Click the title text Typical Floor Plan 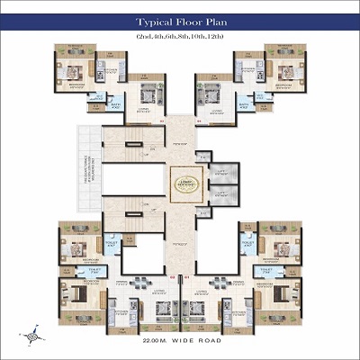[x=180, y=21]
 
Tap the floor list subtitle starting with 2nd [x=180, y=35]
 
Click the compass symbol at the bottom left [x=35, y=336]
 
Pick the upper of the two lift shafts [x=224, y=172]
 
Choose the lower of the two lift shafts [x=224, y=194]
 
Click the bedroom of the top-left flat [x=73, y=71]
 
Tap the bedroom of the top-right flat [x=286, y=71]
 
